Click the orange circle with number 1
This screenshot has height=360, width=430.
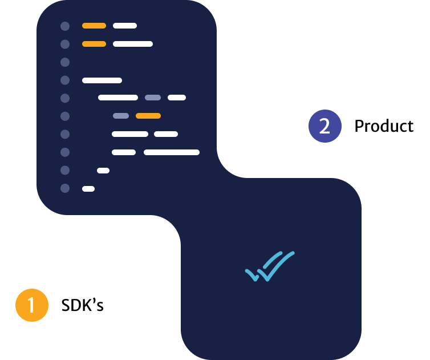(x=31, y=305)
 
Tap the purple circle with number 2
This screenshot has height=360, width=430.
(x=324, y=126)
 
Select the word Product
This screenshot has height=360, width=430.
(x=384, y=126)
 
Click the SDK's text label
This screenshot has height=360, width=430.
(x=83, y=305)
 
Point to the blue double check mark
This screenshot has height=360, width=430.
(x=269, y=266)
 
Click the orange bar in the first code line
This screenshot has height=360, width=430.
(x=94, y=26)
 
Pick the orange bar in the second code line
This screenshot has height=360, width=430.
(x=94, y=44)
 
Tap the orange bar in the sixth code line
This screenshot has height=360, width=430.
(x=148, y=116)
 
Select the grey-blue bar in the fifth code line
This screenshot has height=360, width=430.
(x=153, y=98)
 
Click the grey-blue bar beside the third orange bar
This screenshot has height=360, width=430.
(x=121, y=116)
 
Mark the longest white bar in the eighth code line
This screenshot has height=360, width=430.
(x=172, y=152)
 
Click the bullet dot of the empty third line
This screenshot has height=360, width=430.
(x=65, y=62)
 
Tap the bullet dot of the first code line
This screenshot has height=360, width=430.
(x=65, y=26)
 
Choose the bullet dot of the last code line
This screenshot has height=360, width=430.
(x=65, y=188)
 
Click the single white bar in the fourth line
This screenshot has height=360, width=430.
(x=102, y=80)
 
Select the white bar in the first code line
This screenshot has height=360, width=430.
(x=125, y=26)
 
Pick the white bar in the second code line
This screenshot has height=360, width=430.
(x=133, y=44)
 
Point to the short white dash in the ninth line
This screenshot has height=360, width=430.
(x=103, y=171)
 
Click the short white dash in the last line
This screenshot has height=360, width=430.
(x=88, y=189)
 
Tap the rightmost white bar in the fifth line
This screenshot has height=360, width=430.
(x=177, y=98)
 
